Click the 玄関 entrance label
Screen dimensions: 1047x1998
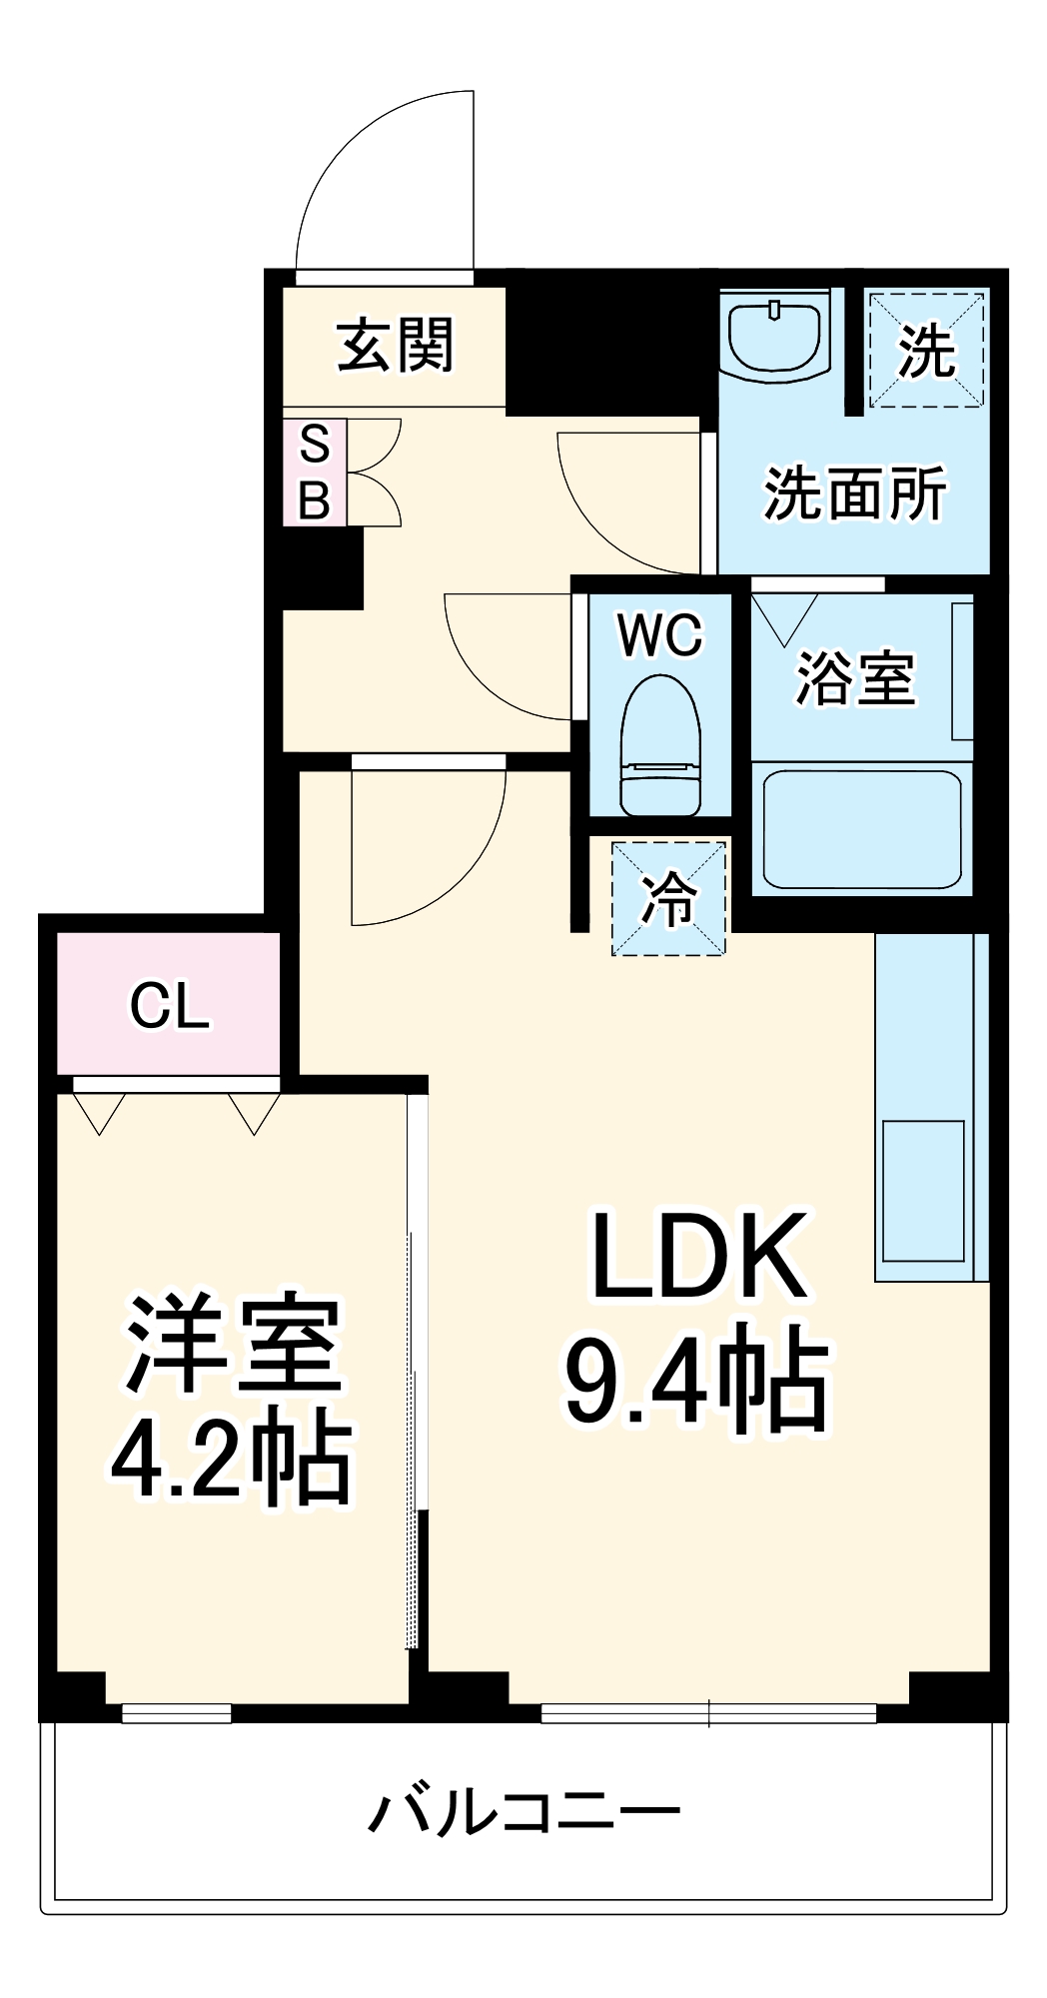(x=396, y=346)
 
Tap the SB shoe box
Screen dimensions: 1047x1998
(x=315, y=472)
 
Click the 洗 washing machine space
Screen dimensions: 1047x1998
(x=926, y=350)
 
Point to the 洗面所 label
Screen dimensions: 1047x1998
(x=855, y=493)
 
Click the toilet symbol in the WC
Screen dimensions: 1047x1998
(x=659, y=743)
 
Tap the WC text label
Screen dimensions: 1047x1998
(x=659, y=634)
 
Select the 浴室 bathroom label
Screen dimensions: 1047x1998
(x=855, y=678)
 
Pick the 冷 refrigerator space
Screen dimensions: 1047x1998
(x=668, y=898)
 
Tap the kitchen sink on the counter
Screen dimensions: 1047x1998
(x=924, y=1190)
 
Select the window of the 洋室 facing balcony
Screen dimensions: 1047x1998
(x=177, y=1713)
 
